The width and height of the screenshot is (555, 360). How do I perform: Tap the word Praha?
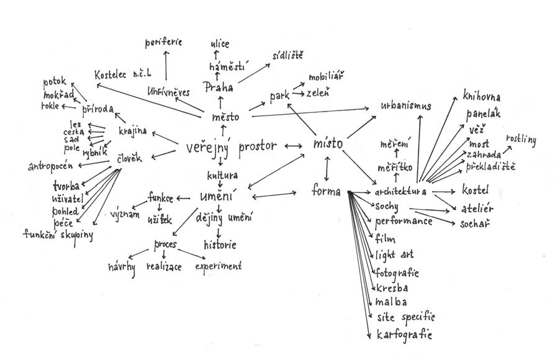point(219,88)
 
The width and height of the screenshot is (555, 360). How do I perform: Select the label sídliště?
point(287,56)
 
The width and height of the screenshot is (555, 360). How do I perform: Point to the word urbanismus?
point(406,106)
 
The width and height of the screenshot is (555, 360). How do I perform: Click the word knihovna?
point(482,97)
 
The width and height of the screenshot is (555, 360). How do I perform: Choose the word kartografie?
point(404,334)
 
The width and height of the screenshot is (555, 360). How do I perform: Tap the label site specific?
point(405,318)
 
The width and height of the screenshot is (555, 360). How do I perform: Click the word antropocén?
point(51,166)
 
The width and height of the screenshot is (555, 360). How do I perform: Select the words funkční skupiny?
point(58,234)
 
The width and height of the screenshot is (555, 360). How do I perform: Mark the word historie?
point(220,245)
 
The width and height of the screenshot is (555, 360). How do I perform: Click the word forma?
point(327,192)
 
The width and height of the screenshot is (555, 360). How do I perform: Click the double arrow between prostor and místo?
point(293,146)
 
